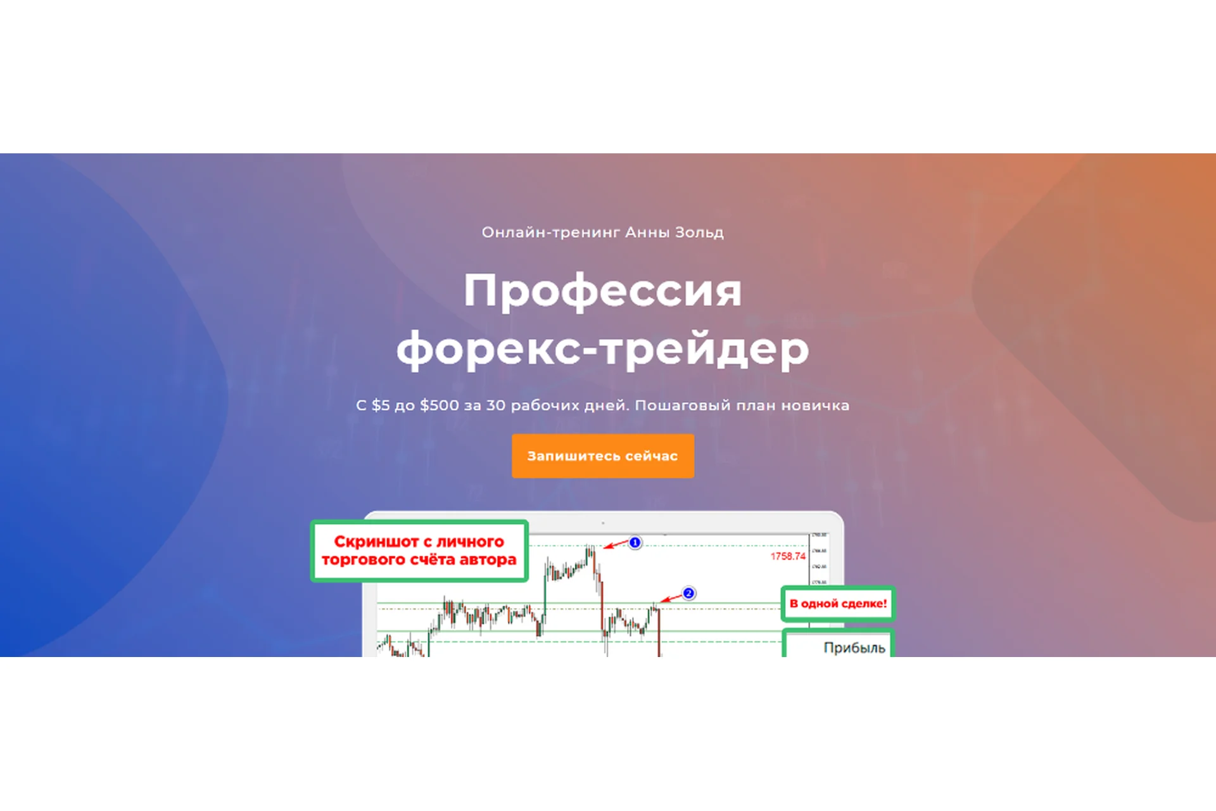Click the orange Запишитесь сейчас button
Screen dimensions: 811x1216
point(602,456)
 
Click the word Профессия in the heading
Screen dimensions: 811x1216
point(602,291)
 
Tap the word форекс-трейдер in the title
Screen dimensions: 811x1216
point(602,348)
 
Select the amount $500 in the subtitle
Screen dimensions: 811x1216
point(439,405)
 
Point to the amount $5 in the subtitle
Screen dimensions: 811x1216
point(381,405)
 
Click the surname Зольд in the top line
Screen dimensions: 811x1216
point(699,233)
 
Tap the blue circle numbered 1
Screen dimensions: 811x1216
point(635,542)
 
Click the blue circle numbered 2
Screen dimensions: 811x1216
point(688,593)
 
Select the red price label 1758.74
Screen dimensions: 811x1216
point(788,556)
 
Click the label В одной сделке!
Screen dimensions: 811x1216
point(838,604)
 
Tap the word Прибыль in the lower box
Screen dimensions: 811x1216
point(854,648)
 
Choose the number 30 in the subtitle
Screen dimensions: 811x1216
point(495,405)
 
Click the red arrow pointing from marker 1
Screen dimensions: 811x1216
point(616,545)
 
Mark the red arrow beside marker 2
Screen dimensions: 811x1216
point(671,597)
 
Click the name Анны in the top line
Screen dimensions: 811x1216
point(647,233)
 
